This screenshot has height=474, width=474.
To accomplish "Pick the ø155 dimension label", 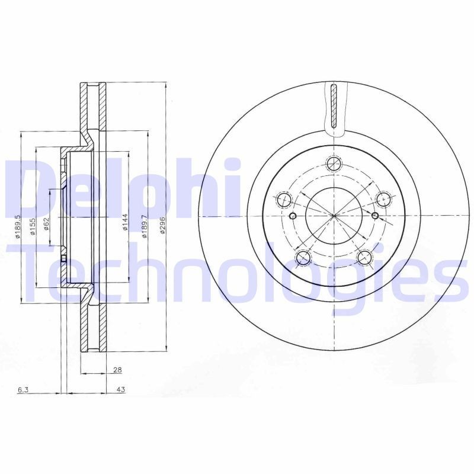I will (33, 226).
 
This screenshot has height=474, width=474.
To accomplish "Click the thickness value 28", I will (117, 370).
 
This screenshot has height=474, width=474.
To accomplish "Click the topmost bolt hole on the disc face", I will (335, 163).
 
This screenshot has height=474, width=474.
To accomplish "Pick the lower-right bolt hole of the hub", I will (364, 257).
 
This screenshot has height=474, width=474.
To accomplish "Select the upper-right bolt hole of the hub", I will (383, 199).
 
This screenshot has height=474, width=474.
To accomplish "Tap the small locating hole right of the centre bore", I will (375, 215).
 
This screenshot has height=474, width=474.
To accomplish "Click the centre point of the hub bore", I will (334, 215).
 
